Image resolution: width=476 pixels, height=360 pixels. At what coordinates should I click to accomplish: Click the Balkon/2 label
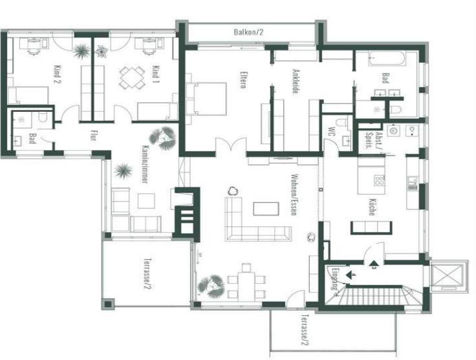(248, 32)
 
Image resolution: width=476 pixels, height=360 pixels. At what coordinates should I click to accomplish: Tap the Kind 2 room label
(57, 74)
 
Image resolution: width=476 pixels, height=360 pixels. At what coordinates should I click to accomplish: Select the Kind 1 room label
(156, 74)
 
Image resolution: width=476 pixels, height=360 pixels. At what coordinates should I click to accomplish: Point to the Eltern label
(243, 79)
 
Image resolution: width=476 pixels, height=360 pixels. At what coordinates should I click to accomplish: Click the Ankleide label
(294, 81)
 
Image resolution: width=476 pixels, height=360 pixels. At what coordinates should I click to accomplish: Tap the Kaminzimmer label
(145, 164)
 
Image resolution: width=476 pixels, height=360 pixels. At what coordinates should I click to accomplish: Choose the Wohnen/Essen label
(294, 195)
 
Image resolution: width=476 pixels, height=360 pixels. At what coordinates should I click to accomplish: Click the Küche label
(372, 207)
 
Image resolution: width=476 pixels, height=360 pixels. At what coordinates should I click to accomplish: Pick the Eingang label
(335, 279)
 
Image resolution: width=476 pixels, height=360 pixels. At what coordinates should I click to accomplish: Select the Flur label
(93, 135)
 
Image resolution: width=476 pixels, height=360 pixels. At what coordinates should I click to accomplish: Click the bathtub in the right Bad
(387, 58)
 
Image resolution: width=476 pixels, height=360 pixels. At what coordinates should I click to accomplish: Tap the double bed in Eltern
(206, 99)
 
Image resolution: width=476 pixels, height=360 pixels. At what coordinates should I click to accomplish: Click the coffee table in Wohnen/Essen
(266, 209)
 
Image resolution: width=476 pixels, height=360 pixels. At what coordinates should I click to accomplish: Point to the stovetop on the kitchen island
(380, 180)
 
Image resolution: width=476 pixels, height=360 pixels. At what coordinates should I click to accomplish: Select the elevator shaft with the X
(447, 275)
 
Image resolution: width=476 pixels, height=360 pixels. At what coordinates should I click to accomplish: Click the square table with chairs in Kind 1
(132, 78)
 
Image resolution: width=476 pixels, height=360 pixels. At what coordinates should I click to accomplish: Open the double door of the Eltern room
(231, 145)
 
